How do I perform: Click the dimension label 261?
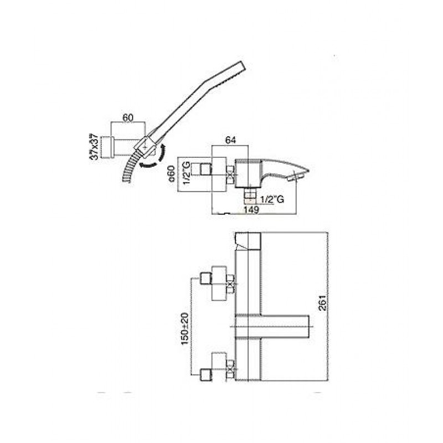[322, 303]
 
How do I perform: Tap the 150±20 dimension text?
[185, 328]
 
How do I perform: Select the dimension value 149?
[251, 210]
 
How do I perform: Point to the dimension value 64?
[230, 140]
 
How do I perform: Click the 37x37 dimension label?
[94, 147]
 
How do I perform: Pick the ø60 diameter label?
[172, 174]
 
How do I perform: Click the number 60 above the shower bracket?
[128, 118]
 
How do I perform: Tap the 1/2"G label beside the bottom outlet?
[272, 199]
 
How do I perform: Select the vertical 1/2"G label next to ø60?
[187, 173]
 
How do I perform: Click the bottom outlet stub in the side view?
[250, 195]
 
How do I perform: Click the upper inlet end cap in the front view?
[206, 279]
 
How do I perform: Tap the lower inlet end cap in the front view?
[206, 375]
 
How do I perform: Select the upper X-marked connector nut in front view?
[231, 284]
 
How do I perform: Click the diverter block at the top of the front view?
[248, 241]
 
